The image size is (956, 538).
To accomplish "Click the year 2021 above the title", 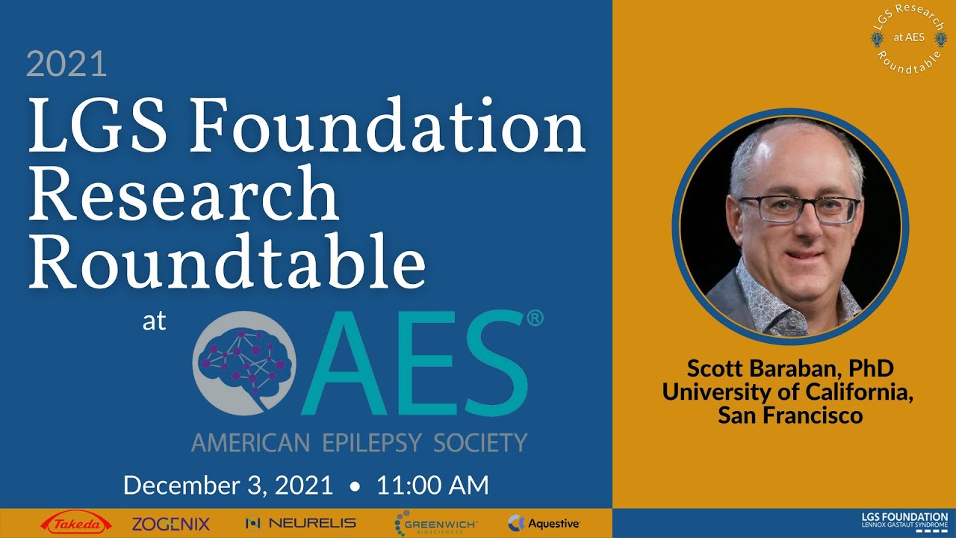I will coord(66,65).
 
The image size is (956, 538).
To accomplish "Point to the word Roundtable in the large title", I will coord(227,262).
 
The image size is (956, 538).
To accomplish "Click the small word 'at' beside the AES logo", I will coord(154,322).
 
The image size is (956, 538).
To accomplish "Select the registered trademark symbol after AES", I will coord(535,318).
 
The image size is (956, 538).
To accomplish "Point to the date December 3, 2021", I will coord(228,486).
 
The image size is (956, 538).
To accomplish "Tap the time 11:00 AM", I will coord(432,486).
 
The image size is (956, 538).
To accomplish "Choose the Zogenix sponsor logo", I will coord(171,524).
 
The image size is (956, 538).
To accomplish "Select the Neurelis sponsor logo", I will coord(301,524).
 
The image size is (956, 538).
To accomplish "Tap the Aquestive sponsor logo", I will coord(544,524).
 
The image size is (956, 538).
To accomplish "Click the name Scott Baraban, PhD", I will coord(790,368).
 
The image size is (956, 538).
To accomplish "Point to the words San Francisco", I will coord(790,415).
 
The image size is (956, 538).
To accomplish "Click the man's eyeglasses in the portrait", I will coord(799,208).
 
